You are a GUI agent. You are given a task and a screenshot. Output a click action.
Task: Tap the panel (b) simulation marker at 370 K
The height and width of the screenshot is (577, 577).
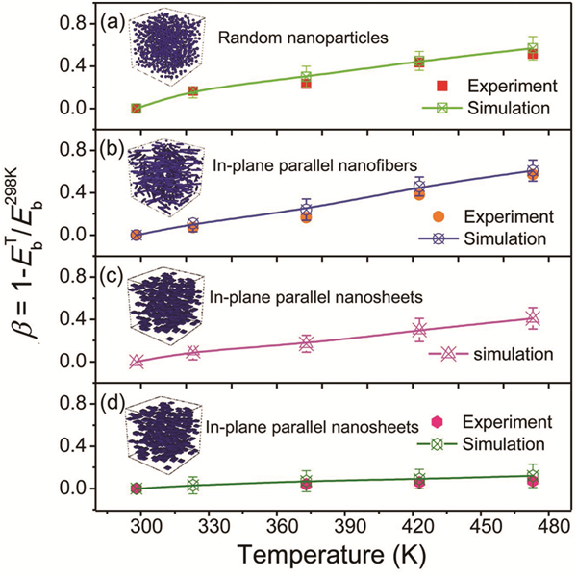pyautogui.click(x=306, y=209)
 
